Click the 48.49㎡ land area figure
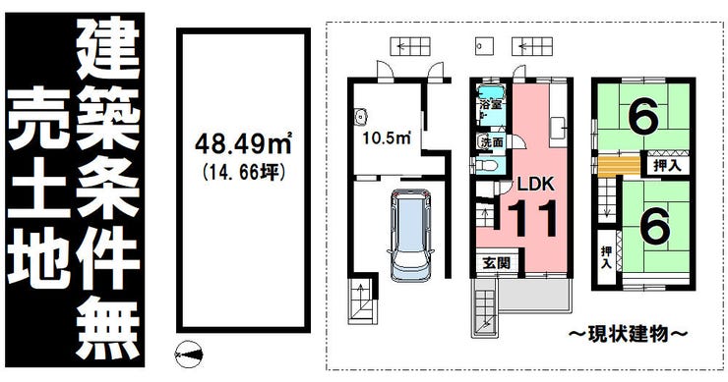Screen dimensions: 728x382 [243, 143]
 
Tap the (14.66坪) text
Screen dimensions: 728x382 [243, 173]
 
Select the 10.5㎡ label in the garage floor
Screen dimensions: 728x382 [388, 137]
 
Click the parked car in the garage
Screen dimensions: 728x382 [410, 235]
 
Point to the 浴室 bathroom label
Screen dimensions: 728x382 [491, 105]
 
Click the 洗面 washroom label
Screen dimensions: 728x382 [492, 141]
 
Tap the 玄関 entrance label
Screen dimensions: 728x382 [497, 263]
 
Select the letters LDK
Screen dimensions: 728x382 [536, 184]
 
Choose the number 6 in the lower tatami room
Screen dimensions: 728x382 [655, 225]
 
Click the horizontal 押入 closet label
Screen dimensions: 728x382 [668, 166]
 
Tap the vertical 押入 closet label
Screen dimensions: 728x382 [606, 257]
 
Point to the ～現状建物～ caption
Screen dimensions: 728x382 [628, 333]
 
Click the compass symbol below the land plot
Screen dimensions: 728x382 [189, 355]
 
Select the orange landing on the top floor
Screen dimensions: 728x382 [619, 167]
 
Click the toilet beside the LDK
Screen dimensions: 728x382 [486, 165]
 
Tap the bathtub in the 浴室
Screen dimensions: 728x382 [491, 91]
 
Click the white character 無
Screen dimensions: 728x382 [107, 330]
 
